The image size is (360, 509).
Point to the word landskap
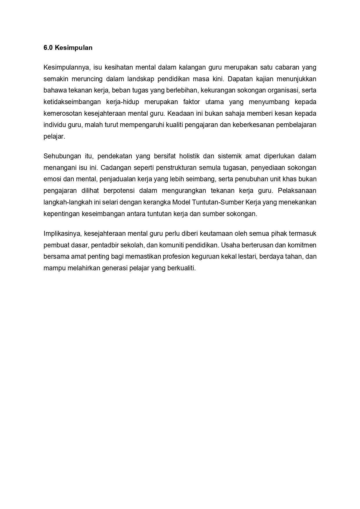141,79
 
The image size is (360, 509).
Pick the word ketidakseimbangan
72,102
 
